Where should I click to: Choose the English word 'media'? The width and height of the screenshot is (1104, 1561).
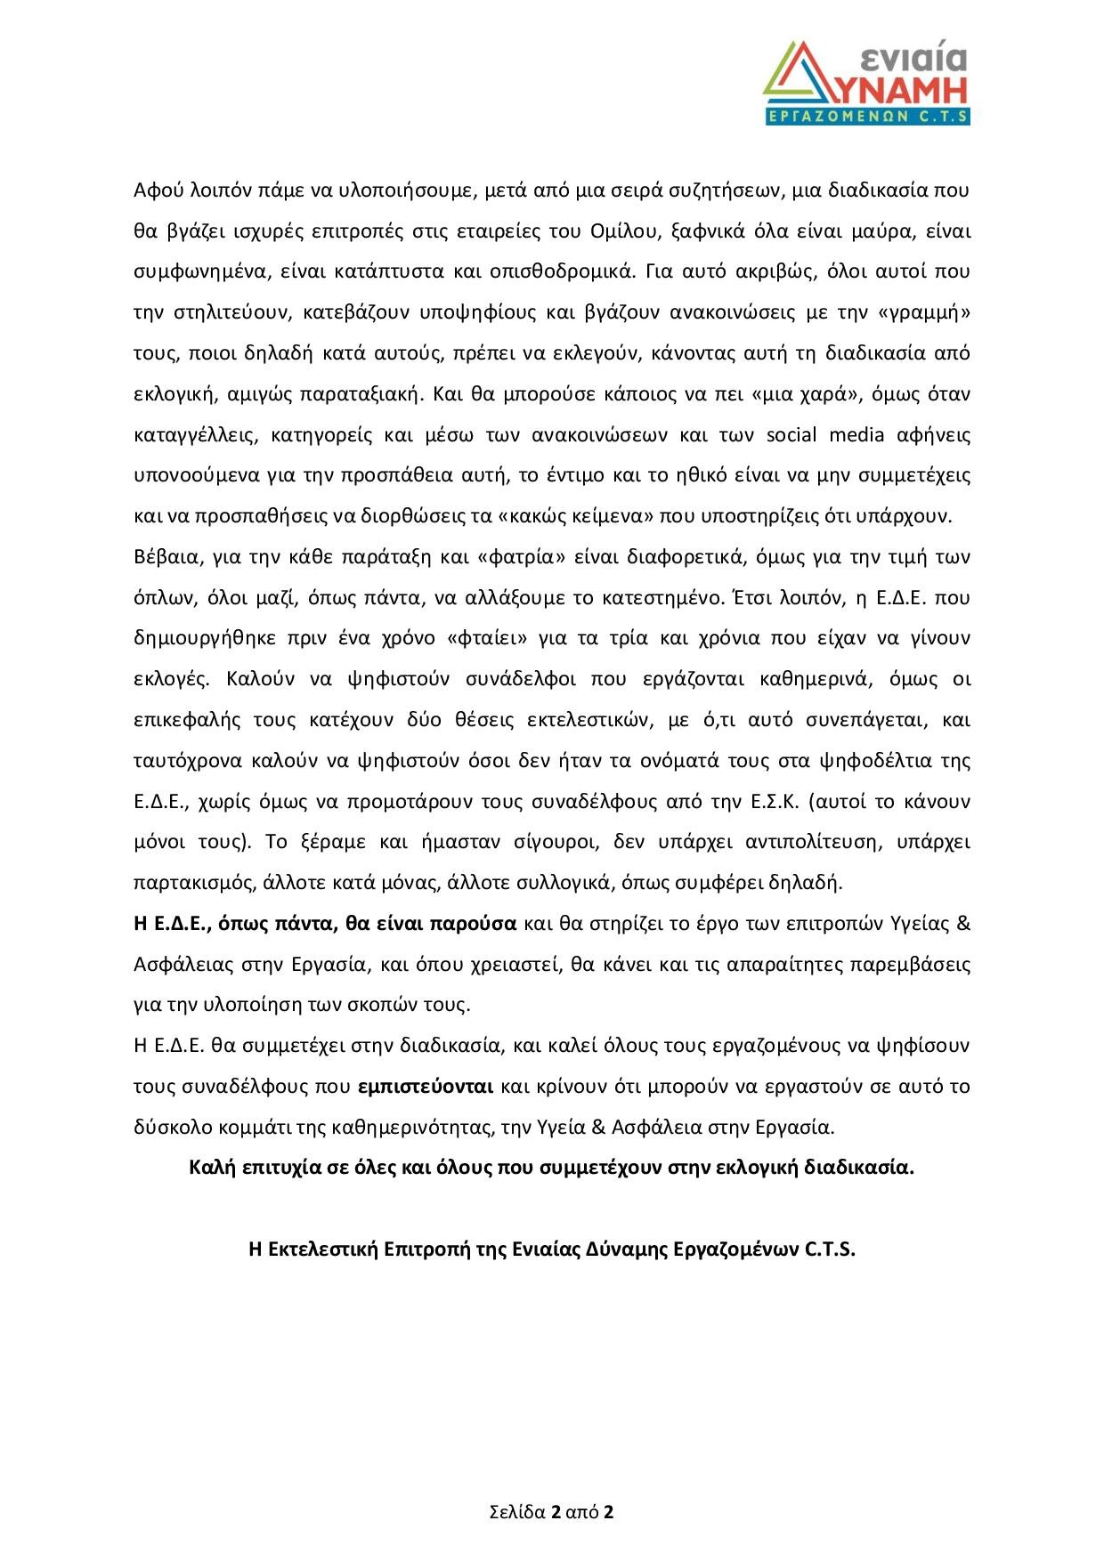point(856,434)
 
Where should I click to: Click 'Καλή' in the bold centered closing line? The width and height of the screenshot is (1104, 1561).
point(215,1168)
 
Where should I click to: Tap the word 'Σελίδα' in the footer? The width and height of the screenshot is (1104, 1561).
point(518,1512)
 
